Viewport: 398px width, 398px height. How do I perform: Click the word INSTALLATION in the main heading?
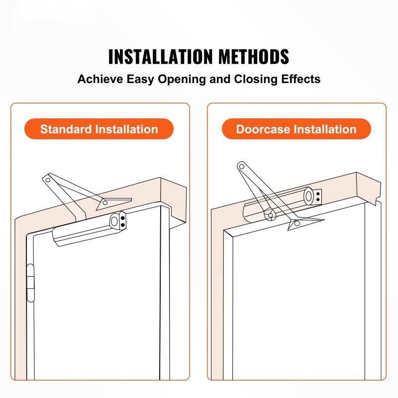click(x=160, y=56)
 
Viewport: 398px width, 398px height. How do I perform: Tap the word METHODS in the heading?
click(x=254, y=56)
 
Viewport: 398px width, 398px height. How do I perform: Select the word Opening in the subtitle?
click(x=182, y=80)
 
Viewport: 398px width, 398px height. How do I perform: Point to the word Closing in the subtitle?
click(x=256, y=80)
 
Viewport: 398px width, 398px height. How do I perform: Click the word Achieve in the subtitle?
click(x=100, y=79)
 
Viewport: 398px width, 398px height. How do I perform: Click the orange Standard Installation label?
click(x=99, y=129)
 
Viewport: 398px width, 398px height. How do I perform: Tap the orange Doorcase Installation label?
click(x=296, y=129)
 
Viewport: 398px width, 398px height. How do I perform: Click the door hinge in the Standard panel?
click(x=30, y=283)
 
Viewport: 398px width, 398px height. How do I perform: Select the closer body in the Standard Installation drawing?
click(x=89, y=229)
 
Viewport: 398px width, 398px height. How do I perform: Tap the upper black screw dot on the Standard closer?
click(x=122, y=218)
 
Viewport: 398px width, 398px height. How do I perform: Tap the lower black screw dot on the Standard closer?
click(x=123, y=225)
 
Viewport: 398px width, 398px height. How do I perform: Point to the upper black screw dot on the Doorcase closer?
click(x=318, y=194)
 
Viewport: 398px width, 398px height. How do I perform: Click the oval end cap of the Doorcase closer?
click(x=308, y=196)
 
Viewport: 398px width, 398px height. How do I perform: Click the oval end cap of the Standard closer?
click(x=114, y=221)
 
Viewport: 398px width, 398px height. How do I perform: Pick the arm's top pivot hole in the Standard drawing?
click(x=48, y=180)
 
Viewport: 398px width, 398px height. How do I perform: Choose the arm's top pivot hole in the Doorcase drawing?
click(x=242, y=167)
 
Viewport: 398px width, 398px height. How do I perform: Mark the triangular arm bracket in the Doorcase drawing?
click(x=302, y=222)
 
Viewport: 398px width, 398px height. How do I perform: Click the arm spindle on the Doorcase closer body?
click(x=271, y=215)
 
